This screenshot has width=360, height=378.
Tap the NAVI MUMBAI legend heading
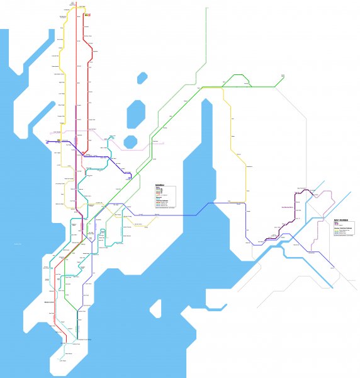[340, 221]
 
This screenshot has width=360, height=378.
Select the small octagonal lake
[130, 140]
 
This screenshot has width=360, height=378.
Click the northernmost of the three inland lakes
[142, 78]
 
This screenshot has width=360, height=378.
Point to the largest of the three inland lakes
[135, 114]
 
